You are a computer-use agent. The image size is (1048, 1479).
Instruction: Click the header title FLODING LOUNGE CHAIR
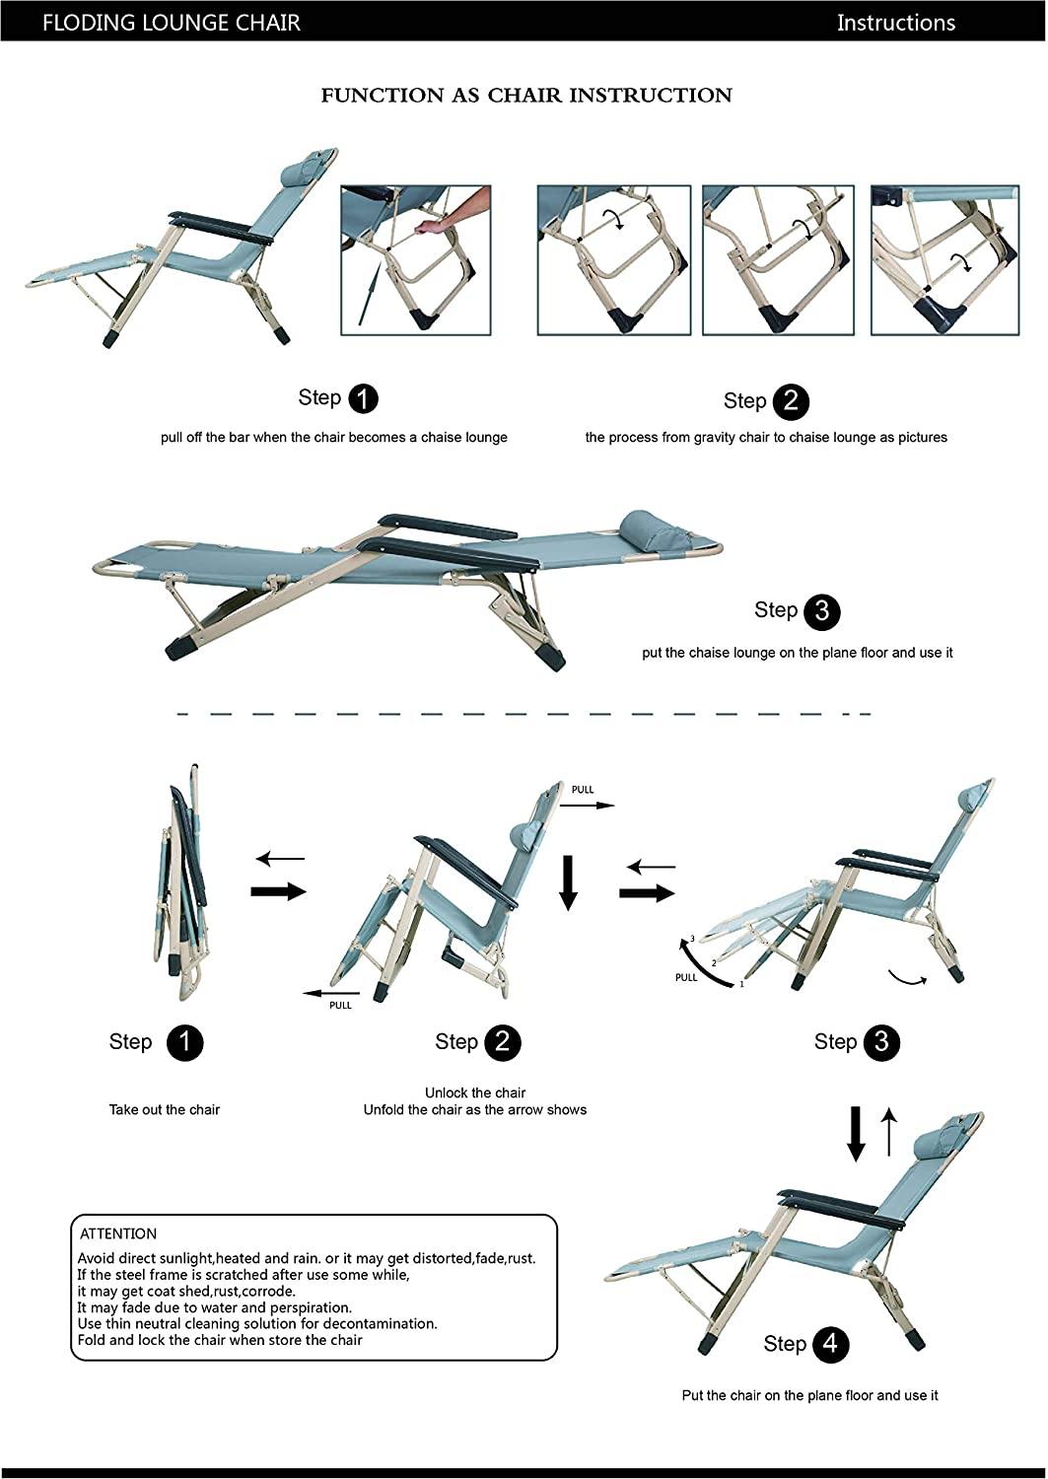click(x=171, y=22)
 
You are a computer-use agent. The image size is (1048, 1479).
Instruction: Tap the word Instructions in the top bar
click(x=895, y=23)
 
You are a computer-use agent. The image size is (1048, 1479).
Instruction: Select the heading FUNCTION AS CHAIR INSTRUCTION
click(x=526, y=96)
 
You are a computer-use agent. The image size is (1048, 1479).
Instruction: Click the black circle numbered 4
click(x=831, y=1345)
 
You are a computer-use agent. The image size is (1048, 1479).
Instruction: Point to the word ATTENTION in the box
click(x=118, y=1233)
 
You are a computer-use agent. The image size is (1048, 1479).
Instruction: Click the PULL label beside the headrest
click(x=583, y=790)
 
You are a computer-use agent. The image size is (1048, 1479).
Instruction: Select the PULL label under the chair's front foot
click(x=340, y=1005)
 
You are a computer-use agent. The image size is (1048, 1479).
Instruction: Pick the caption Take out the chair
click(x=165, y=1109)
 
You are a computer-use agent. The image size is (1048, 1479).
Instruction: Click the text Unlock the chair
click(x=475, y=1092)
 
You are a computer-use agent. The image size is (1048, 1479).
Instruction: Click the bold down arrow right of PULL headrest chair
click(x=568, y=881)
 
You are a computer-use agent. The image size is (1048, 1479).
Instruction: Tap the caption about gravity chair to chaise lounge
click(x=766, y=437)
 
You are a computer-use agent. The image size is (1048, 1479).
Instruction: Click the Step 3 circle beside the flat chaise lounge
click(x=822, y=612)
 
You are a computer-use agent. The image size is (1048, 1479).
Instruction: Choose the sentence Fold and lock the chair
click(x=220, y=1340)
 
